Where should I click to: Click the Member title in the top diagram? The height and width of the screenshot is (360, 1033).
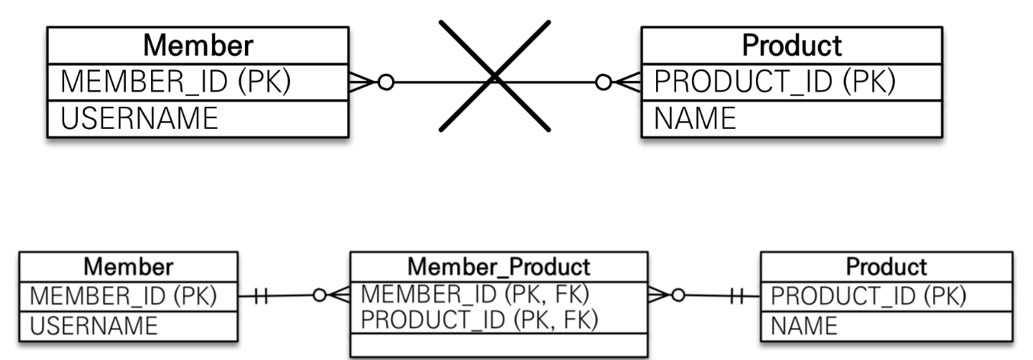(198, 45)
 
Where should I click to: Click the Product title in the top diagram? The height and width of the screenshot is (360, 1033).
(792, 45)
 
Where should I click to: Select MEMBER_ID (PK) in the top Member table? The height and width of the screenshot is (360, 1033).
(175, 81)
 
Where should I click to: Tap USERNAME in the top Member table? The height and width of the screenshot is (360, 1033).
(137, 118)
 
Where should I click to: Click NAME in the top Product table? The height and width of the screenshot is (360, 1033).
(693, 118)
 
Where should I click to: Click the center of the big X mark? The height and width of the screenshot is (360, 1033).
(494, 76)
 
